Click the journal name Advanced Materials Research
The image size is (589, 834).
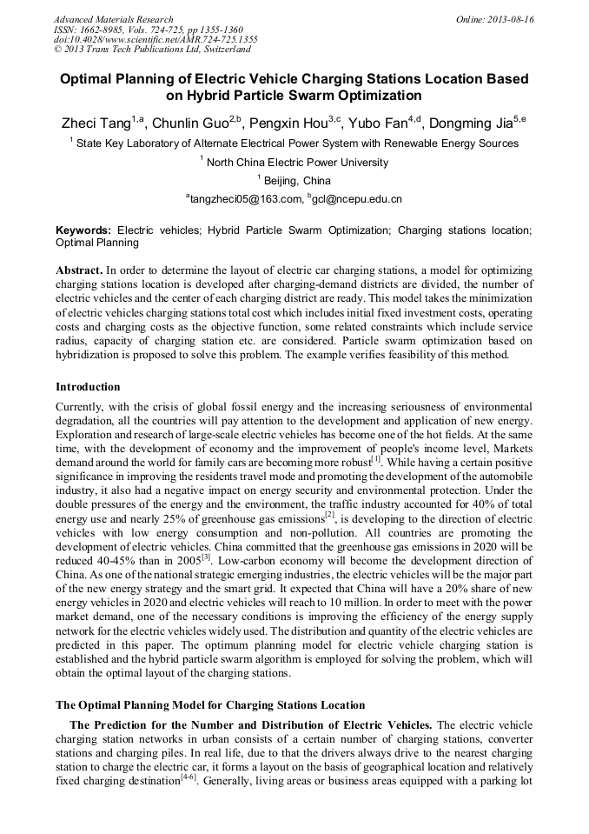pyautogui.click(x=113, y=19)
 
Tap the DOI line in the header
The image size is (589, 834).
pyautogui.click(x=156, y=40)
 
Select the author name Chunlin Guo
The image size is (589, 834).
pyautogui.click(x=192, y=123)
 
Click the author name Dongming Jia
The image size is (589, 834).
pyautogui.click(x=473, y=123)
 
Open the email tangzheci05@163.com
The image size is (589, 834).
pyautogui.click(x=247, y=200)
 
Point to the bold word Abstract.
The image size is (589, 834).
pyautogui.click(x=80, y=270)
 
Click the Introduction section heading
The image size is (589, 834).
pyautogui.click(x=88, y=386)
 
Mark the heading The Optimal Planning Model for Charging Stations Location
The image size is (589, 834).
pyautogui.click(x=210, y=704)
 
